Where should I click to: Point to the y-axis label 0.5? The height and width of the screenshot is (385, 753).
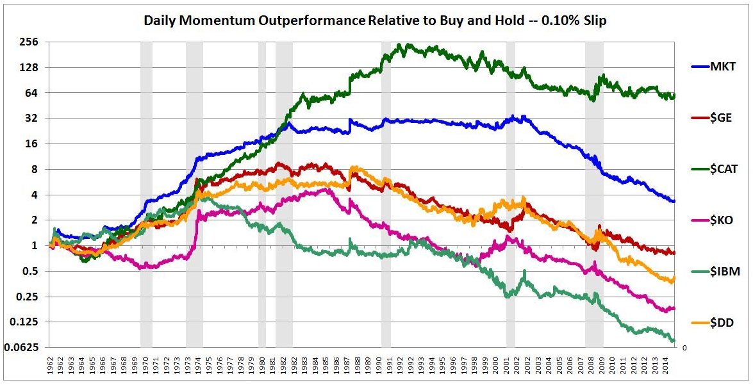pyautogui.click(x=30, y=272)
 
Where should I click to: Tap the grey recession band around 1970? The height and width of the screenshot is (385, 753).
pyautogui.click(x=146, y=192)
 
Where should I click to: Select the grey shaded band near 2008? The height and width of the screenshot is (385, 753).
pyautogui.click(x=594, y=192)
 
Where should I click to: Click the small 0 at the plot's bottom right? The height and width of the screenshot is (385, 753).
pyautogui.click(x=684, y=347)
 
